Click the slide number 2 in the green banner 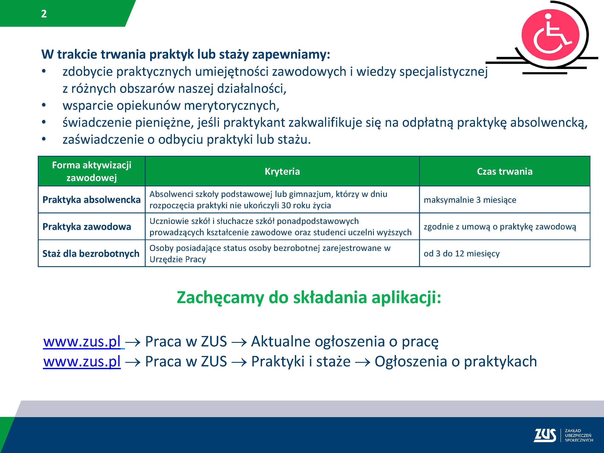tap(44, 14)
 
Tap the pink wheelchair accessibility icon tap(550, 35)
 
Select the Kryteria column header tap(282, 172)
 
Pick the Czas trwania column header tap(505, 172)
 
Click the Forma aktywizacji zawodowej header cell tap(92, 172)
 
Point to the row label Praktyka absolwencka tap(92, 200)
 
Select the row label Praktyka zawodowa tap(87, 227)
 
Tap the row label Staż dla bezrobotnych tap(91, 253)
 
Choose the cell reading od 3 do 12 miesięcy tap(462, 254)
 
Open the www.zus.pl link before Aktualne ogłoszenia tap(82, 341)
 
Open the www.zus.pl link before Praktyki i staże tap(82, 362)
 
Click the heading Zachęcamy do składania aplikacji tap(309, 298)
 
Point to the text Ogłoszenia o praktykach tap(455, 362)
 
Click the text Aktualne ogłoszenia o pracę tap(345, 342)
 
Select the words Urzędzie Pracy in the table tap(177, 259)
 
